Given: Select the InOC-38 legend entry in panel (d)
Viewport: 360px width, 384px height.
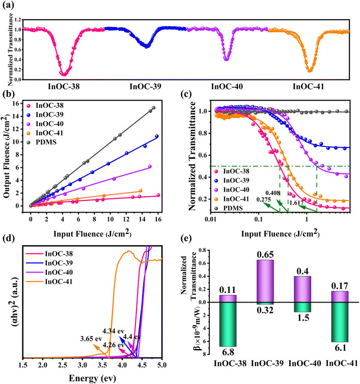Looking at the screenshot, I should point(59,253).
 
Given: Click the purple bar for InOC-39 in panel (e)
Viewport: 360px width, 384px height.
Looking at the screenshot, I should point(264,281).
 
